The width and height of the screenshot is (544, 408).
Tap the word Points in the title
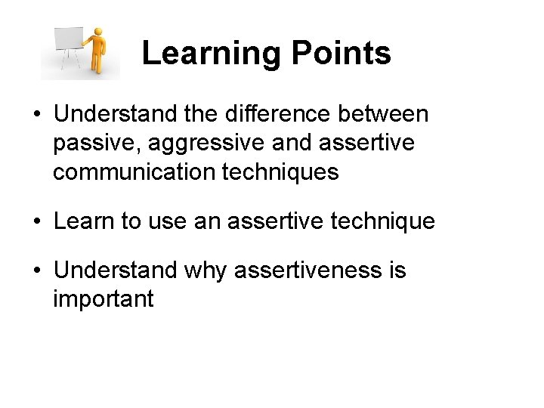point(339,54)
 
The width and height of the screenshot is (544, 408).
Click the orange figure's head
point(97,32)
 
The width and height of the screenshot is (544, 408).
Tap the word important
point(103,299)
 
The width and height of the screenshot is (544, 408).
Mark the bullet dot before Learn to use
point(37,222)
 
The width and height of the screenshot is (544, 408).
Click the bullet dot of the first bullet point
point(37,115)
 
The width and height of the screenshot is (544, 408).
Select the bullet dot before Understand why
point(37,270)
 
